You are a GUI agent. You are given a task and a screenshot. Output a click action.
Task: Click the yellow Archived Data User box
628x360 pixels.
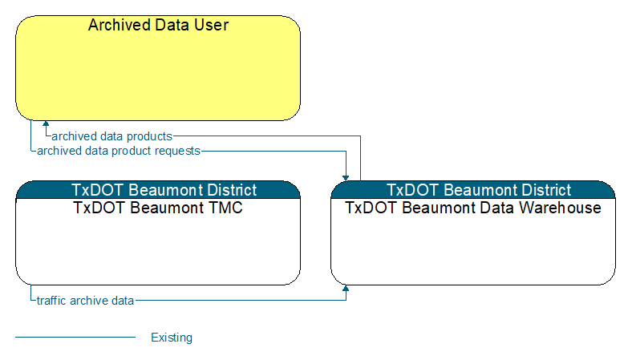coord(158,68)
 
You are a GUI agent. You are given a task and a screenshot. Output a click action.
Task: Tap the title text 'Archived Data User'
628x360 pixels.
coord(158,25)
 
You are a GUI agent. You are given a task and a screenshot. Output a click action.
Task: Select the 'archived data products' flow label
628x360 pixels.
coord(111,136)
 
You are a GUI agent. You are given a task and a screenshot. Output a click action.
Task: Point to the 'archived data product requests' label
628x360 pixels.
coord(119,151)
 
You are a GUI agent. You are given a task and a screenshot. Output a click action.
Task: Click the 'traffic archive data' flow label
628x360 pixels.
coord(85,301)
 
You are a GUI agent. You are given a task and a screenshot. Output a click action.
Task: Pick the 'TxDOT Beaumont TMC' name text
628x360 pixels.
coord(158,208)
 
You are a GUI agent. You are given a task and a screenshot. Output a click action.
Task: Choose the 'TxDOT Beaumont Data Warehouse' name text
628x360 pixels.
coord(473,208)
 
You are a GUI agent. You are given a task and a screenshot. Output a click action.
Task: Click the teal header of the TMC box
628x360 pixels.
coord(158,190)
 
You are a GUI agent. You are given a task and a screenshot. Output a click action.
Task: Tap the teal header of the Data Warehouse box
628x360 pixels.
coord(473,190)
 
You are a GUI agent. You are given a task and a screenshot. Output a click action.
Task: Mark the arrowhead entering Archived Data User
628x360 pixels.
coord(46,123)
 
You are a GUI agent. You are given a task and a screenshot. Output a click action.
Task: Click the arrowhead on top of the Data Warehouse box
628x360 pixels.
coord(346,178)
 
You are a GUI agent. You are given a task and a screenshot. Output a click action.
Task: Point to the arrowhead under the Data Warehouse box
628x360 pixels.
coord(346,289)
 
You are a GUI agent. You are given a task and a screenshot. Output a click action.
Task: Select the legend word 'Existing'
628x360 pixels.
coord(172,338)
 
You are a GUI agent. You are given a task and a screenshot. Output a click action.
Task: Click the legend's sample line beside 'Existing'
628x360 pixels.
coord(75,338)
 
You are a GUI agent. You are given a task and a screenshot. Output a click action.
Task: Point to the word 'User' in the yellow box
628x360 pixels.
coord(211,25)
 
